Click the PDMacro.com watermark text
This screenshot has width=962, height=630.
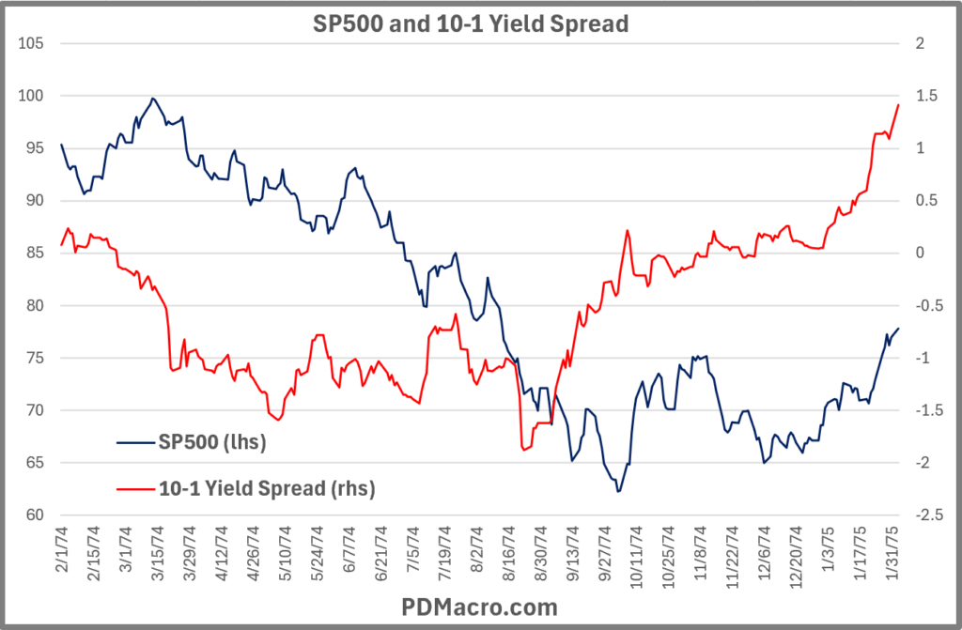[x=480, y=607]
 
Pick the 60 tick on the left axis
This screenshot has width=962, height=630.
[x=34, y=515]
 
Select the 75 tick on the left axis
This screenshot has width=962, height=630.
[x=34, y=358]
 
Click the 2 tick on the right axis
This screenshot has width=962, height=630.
[x=918, y=43]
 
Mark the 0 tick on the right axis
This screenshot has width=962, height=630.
[x=918, y=254]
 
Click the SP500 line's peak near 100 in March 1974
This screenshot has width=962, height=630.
[x=152, y=98]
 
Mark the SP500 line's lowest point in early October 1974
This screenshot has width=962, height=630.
[x=618, y=491]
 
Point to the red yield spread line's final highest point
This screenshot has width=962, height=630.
[x=898, y=104]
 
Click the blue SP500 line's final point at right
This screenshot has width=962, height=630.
[x=898, y=328]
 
